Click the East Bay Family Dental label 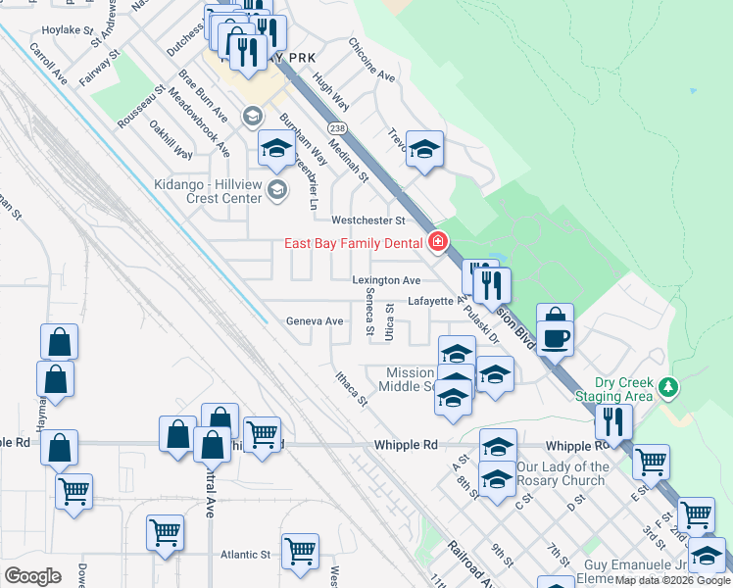coord(354,243)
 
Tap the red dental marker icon coord(438,242)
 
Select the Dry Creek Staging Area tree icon coord(668,387)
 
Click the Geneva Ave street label coord(315,321)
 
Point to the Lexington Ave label coord(387,280)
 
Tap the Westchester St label coord(367,220)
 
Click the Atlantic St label coord(245,554)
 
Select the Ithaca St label coord(351,388)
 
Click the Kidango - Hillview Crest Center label coord(210,190)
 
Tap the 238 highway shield coord(338,128)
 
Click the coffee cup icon coord(558,338)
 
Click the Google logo coord(31,575)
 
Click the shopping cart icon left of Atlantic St coord(165,533)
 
